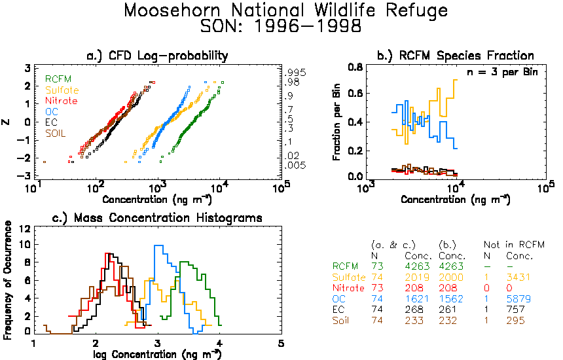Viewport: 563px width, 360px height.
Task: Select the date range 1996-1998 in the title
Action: click(308, 26)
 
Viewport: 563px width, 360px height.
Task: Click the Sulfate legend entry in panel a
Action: click(62, 90)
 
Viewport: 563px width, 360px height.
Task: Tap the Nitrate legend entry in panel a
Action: click(62, 101)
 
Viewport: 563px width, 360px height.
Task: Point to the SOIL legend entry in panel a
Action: click(55, 134)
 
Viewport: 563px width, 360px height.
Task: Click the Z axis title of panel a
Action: click(6, 122)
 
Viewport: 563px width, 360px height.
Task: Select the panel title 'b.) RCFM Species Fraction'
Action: click(455, 56)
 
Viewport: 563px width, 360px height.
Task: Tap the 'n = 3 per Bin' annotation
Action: click(502, 72)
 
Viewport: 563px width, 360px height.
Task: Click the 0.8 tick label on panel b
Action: click(355, 67)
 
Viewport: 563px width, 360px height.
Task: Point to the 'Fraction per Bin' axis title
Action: click(336, 122)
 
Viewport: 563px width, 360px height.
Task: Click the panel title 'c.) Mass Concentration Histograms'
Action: click(157, 218)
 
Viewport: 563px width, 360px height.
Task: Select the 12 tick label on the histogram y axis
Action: click(24, 228)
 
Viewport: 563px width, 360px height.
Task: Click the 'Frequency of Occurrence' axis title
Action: click(7, 280)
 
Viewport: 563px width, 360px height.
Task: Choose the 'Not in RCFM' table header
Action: click(514, 245)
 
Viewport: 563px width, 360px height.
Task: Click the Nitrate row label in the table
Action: click(348, 288)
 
